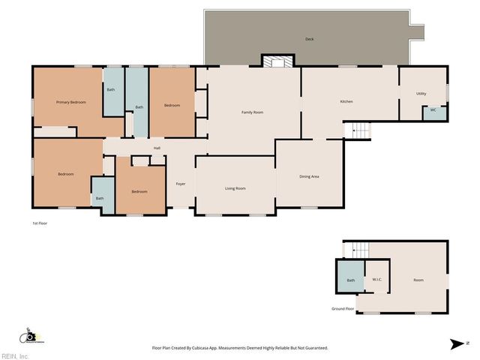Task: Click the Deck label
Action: [309, 39]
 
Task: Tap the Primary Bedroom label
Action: [71, 102]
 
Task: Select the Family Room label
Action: [252, 112]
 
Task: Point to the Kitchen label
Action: [346, 101]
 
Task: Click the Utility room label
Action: [421, 94]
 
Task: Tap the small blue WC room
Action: [433, 111]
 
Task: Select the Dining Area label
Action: [310, 176]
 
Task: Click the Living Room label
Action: [235, 188]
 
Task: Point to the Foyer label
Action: [181, 184]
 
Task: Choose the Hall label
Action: [157, 148]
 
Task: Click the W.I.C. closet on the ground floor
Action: [377, 280]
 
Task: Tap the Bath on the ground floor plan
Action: [350, 280]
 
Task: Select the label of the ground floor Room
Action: [418, 280]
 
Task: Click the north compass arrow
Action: [456, 344]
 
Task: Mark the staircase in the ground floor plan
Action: [361, 249]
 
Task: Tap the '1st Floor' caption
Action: [40, 223]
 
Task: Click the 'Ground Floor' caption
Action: [343, 308]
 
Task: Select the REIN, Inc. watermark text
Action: [15, 355]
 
